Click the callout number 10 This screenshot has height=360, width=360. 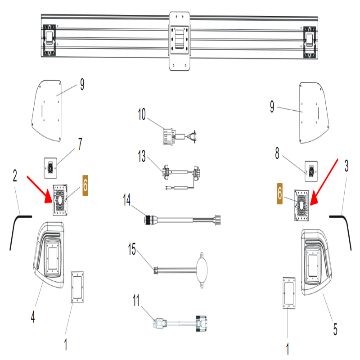142,115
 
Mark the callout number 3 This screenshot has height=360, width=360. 346,166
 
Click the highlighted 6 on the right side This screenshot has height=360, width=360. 280,194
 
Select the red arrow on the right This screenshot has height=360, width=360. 325,178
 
